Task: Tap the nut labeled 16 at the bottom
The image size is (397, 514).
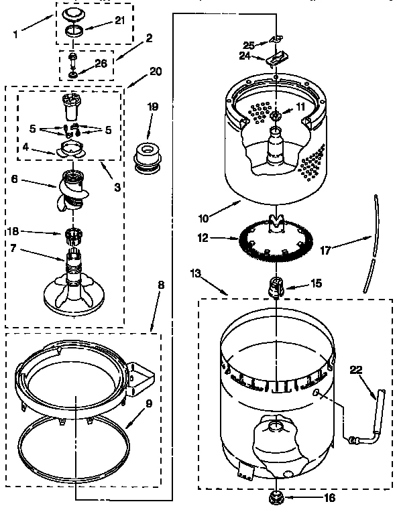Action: point(276,497)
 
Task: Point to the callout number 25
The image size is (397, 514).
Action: point(249,45)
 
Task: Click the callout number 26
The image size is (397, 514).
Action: point(102,64)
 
